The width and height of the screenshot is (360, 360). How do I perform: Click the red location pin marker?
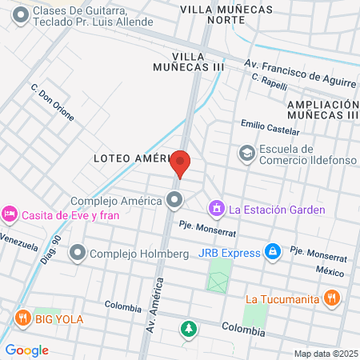tap(181, 164)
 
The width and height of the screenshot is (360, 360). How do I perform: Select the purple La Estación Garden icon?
tap(215, 210)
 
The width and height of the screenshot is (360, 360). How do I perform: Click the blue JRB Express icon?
tap(273, 253)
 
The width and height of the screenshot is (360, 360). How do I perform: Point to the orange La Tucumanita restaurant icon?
tap(333, 300)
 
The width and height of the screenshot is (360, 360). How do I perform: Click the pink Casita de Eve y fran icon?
tap(10, 214)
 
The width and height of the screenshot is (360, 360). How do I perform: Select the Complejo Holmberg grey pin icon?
tap(78, 254)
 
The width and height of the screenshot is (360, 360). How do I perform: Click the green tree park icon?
tap(188, 328)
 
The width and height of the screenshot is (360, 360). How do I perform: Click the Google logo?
tap(26, 350)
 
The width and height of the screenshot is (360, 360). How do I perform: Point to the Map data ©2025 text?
tap(326, 353)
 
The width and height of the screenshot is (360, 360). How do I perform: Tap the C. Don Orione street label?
tap(53, 103)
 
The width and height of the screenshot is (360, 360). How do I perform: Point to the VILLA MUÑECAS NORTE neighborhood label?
tap(226, 15)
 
